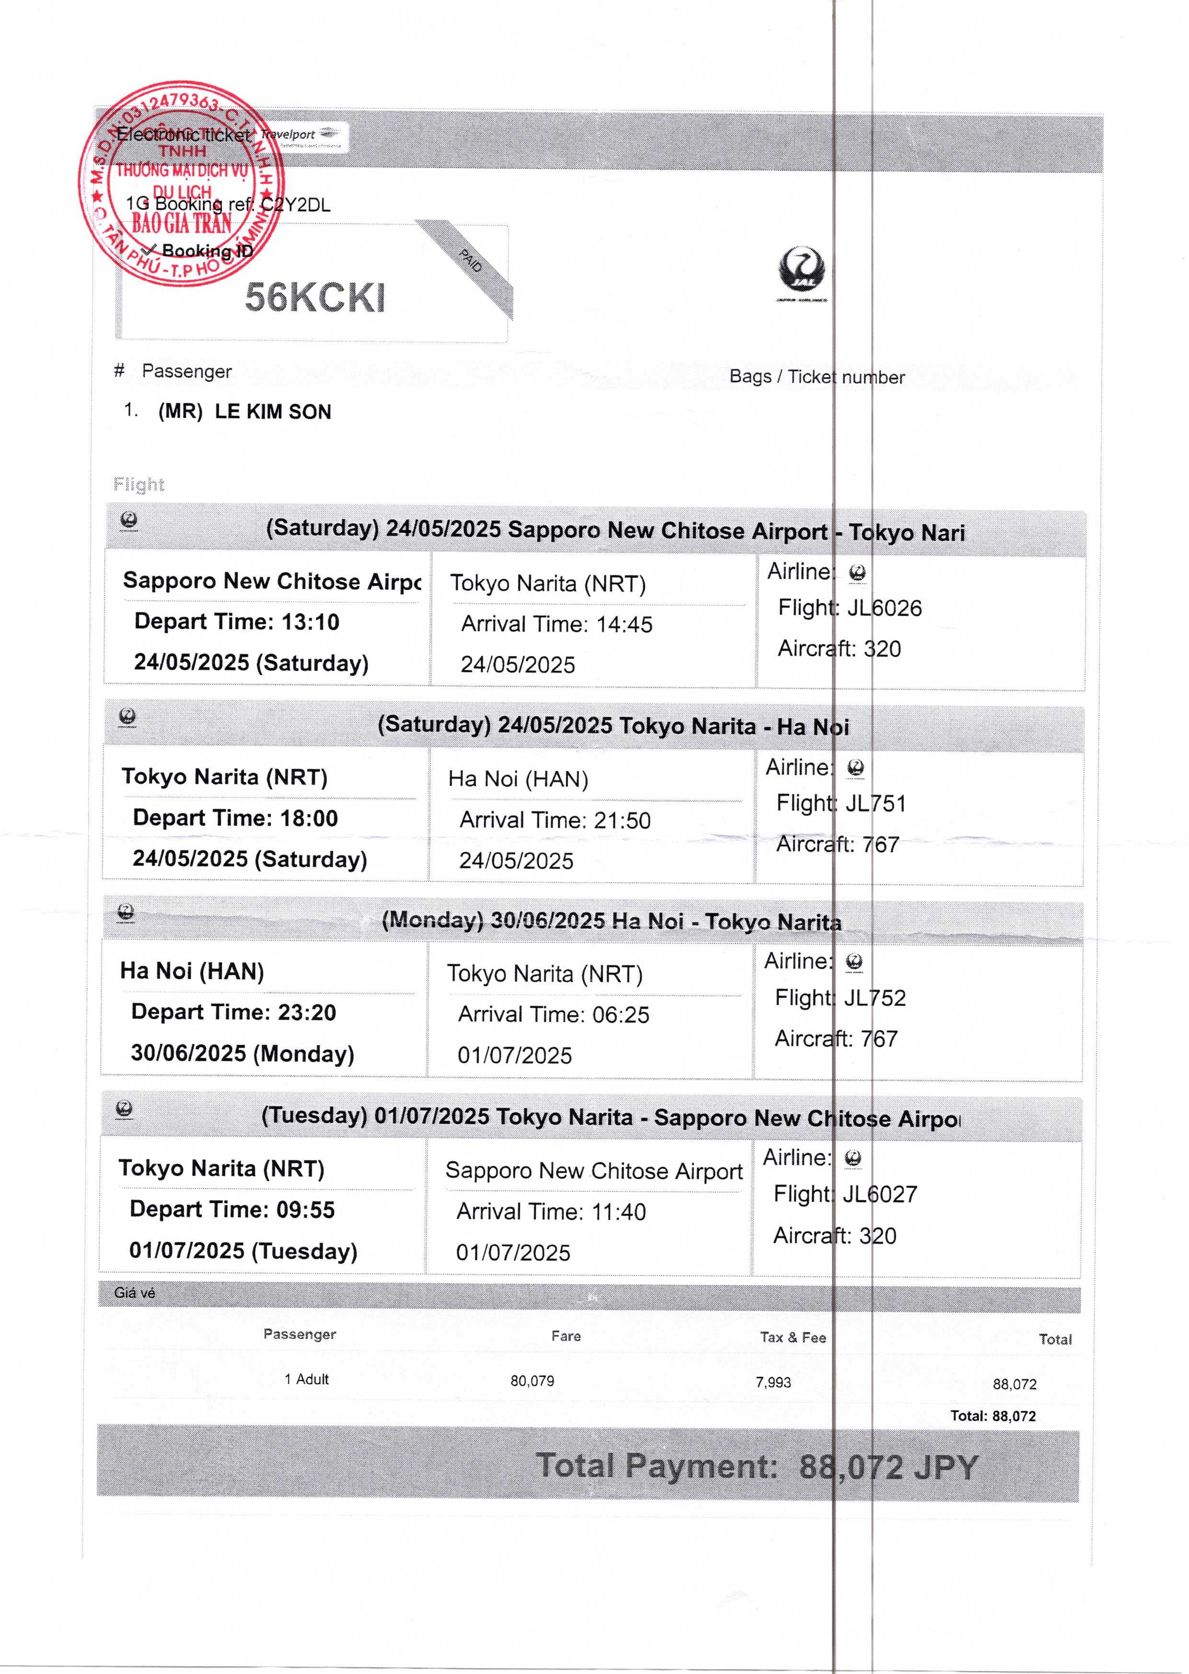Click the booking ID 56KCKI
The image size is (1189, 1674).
315,297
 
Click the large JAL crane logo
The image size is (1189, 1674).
802,272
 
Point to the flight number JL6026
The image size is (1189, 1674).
884,608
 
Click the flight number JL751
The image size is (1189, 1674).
876,803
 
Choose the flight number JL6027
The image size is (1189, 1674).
879,1194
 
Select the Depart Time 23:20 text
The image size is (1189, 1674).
233,1012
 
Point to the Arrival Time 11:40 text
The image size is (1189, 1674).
551,1212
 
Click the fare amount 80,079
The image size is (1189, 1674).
532,1381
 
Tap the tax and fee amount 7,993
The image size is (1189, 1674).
773,1382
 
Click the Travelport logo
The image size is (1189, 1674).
300,136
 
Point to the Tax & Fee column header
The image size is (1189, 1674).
793,1337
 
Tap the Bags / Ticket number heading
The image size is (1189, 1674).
816,377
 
